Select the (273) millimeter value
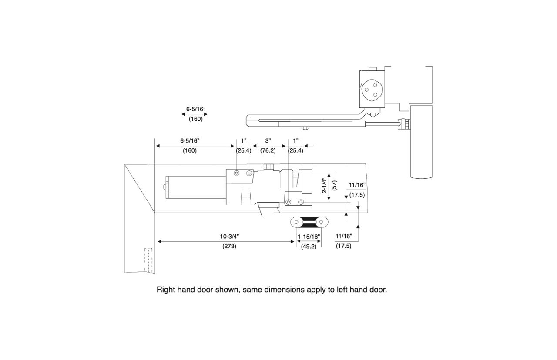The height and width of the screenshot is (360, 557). click(x=229, y=246)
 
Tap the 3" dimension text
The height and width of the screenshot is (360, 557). click(x=268, y=141)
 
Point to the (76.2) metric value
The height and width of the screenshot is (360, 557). click(x=268, y=150)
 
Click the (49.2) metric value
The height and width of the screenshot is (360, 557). click(x=309, y=246)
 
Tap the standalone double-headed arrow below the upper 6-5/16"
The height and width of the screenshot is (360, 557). click(x=195, y=114)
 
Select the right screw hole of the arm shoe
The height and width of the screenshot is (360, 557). click(x=322, y=222)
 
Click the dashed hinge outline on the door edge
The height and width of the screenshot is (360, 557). click(x=148, y=260)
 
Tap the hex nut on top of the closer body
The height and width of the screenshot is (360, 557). click(x=268, y=167)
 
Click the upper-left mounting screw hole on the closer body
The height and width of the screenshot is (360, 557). click(x=236, y=173)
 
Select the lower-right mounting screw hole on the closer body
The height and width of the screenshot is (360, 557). click(x=301, y=202)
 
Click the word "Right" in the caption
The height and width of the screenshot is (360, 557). click(x=166, y=289)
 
